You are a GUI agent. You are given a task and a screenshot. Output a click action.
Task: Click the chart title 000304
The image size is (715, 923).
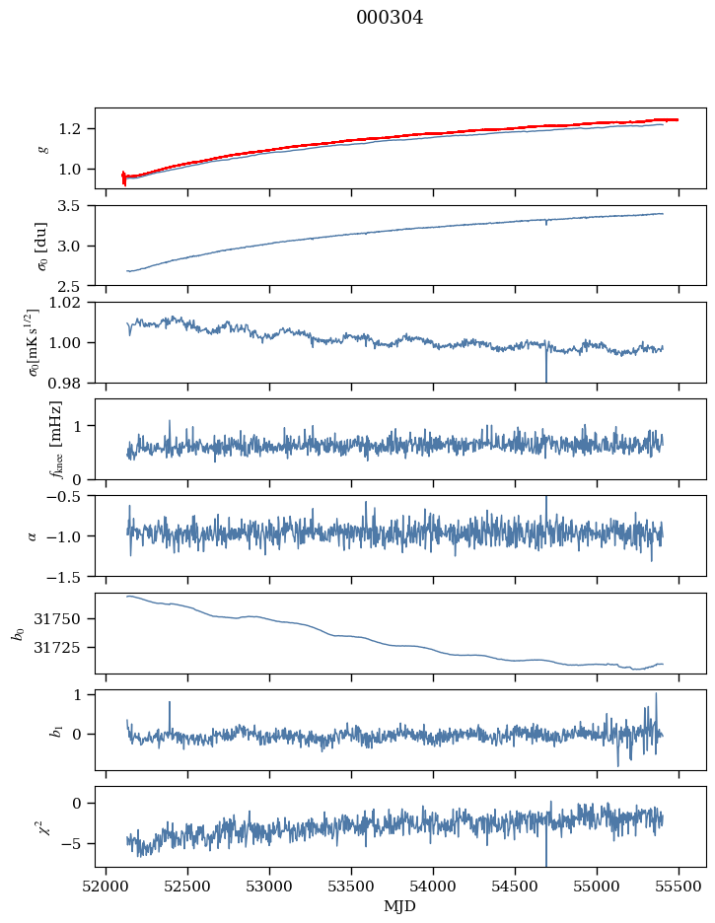tap(390, 18)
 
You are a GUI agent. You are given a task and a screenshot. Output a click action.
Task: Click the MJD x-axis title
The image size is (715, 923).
tap(400, 906)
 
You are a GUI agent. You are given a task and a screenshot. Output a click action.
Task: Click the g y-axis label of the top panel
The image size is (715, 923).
tap(42, 148)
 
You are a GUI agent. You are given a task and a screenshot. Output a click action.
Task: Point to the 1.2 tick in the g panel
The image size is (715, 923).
tap(75, 129)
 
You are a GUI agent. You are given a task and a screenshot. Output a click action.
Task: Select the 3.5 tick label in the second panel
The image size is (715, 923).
tap(75, 206)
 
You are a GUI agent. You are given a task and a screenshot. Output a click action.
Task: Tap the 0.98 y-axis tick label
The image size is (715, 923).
tap(71, 383)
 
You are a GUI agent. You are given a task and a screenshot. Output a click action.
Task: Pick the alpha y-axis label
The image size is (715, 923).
tap(34, 535)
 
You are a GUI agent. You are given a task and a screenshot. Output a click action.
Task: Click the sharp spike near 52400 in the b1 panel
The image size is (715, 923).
tap(170, 703)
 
